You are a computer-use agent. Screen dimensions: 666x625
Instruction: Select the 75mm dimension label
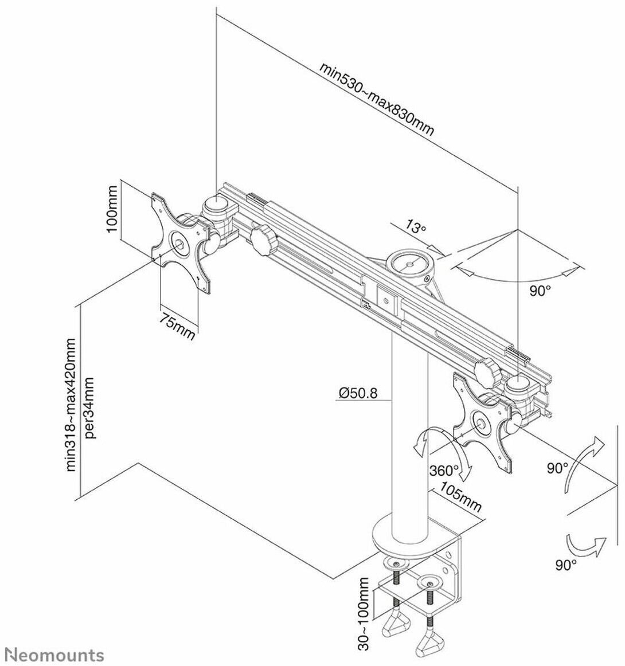(177, 326)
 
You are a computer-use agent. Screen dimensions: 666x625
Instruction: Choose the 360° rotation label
(444, 471)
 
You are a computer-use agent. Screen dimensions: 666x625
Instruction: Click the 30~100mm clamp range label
(364, 614)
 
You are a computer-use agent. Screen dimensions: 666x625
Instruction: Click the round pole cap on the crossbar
(411, 264)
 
